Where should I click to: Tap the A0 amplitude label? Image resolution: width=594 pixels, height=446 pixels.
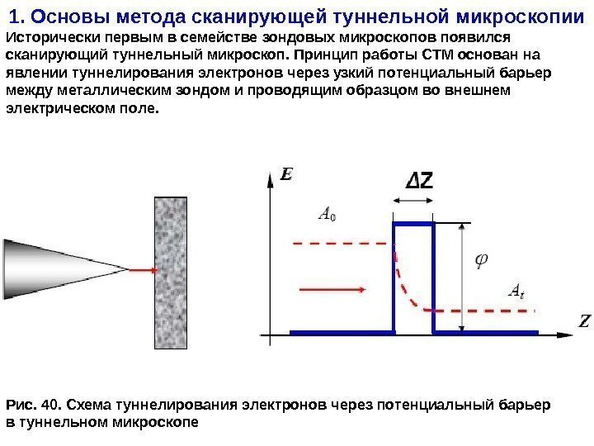tap(327, 217)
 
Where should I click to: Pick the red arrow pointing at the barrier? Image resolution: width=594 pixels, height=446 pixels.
tap(325, 290)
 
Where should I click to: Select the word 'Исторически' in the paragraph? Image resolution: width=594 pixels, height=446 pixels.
tap(48, 39)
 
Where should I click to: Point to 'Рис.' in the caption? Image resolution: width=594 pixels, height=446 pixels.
tap(20, 405)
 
